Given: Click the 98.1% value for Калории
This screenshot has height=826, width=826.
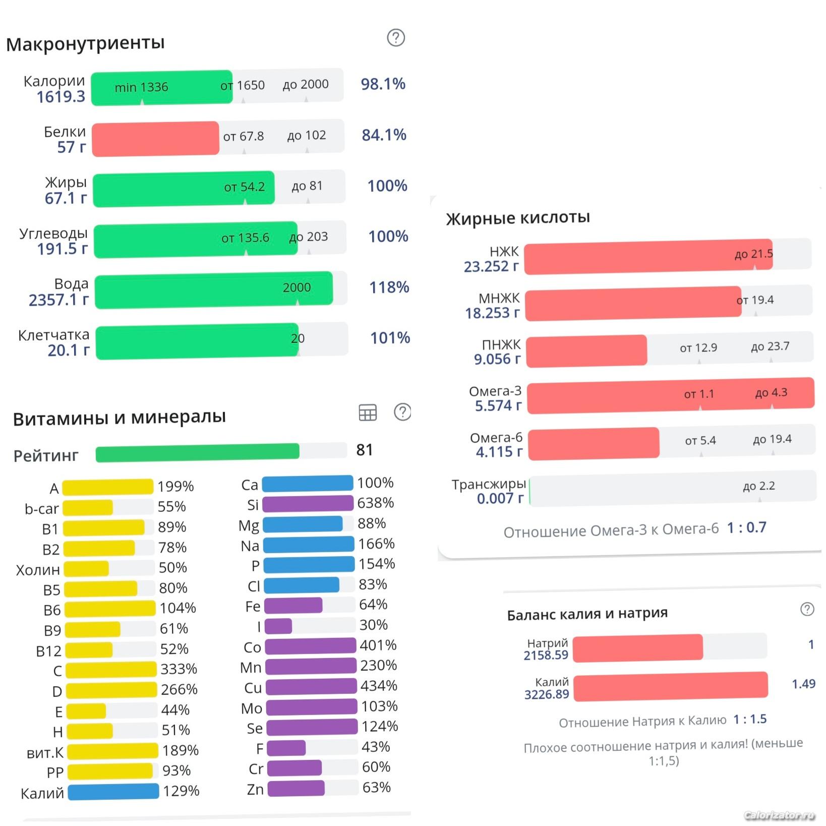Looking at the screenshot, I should pos(383,84).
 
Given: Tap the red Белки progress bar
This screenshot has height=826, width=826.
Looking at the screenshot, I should pos(155,139).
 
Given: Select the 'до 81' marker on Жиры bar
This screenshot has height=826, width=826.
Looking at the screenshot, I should pos(307,186).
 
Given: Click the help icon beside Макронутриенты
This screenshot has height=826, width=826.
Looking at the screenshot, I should pos(396,38).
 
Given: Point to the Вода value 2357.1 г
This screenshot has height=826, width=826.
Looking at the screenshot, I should pos(58,300).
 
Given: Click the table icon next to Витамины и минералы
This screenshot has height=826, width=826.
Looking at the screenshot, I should pos(368,412).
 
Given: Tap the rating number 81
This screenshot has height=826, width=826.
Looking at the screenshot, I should pos(364,450).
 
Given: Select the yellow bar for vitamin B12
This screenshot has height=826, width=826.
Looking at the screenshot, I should pos(89,650).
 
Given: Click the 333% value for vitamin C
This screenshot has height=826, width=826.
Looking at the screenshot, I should pos(179,669).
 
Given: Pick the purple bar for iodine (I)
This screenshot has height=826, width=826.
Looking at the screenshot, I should pos(278,626).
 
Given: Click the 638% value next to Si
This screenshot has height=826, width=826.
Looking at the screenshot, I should pos(375,503).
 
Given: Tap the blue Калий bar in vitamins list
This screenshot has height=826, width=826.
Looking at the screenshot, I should pos(113,792).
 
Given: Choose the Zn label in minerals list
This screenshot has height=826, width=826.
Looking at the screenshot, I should pos(255,789).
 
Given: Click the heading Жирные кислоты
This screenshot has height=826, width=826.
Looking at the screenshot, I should pos(518,218).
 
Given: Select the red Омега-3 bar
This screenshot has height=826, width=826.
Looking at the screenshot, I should pos(670,396).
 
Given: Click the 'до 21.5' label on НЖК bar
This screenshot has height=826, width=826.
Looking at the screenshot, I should pos(753,254).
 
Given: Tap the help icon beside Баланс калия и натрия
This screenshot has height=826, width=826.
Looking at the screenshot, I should pos(807,609).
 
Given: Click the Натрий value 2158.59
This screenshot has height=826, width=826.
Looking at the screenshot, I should pos(546,655).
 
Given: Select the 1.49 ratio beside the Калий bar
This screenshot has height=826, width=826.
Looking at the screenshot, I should pos(803,684).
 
